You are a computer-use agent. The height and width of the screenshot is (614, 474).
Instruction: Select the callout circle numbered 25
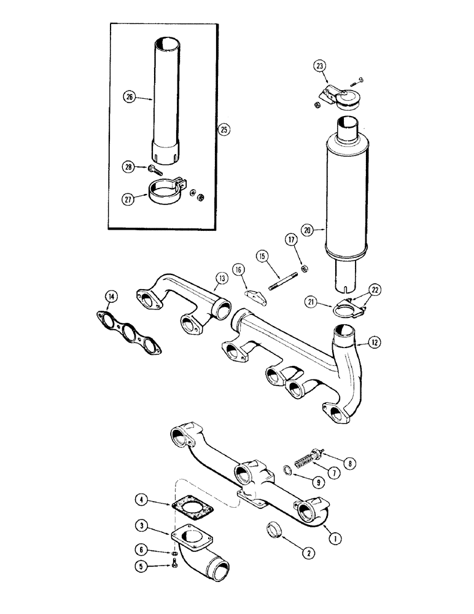pyautogui.click(x=223, y=130)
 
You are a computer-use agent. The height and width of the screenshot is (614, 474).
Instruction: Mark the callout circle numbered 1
pyautogui.click(x=335, y=538)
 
